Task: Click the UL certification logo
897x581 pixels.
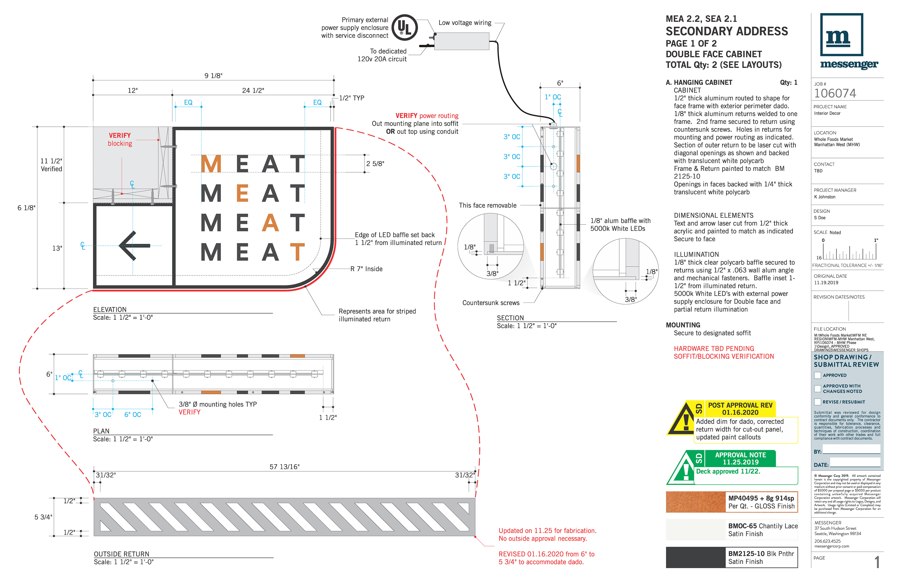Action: (404, 28)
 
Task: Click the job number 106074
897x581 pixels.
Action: (835, 93)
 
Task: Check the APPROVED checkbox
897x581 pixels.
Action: (818, 375)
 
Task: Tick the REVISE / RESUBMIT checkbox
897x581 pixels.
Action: (818, 402)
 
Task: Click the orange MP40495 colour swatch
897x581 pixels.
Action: (695, 502)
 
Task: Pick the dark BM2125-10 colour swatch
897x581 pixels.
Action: (695, 557)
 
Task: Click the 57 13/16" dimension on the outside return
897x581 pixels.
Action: (284, 467)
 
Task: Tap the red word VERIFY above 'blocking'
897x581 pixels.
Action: (120, 135)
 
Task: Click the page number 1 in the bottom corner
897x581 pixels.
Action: (877, 562)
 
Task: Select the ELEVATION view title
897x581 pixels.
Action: (110, 309)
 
